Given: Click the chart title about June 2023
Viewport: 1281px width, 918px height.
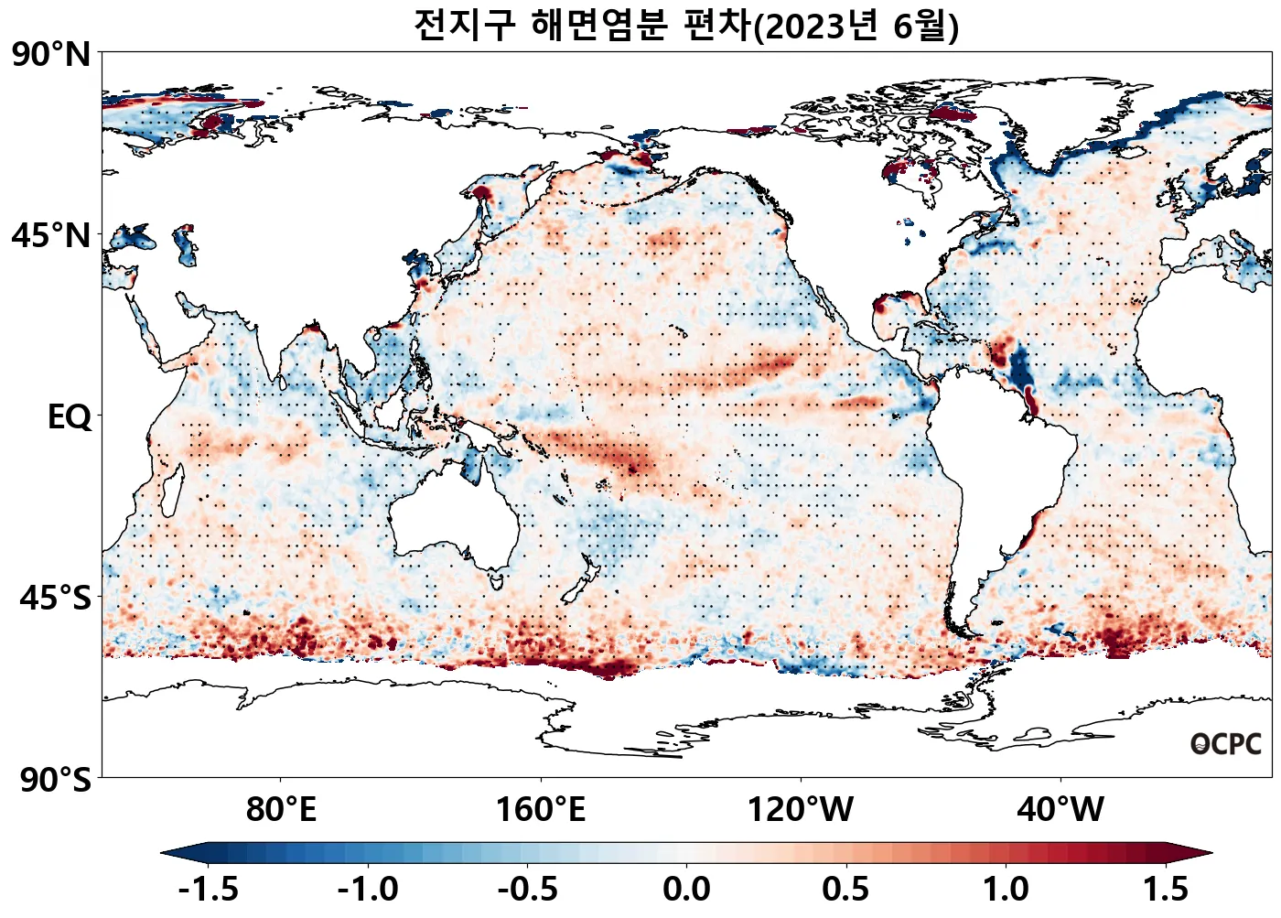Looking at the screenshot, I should click(x=686, y=26).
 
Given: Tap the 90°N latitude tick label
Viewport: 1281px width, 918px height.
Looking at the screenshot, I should click(x=51, y=55).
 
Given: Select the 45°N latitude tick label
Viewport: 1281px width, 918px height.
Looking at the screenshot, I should click(x=51, y=236).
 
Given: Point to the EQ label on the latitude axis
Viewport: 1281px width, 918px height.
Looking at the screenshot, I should click(x=70, y=417).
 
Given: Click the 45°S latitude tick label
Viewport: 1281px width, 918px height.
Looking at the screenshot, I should click(x=55, y=599).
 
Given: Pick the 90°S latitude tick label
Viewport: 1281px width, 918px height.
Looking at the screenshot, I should click(x=55, y=780).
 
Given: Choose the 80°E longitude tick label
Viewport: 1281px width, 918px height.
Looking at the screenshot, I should click(x=281, y=810).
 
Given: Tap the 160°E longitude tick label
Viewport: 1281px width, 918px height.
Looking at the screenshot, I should click(x=541, y=810).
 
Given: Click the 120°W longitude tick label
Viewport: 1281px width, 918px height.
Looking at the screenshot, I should click(x=801, y=810).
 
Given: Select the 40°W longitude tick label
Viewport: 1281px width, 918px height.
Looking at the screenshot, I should click(x=1060, y=810).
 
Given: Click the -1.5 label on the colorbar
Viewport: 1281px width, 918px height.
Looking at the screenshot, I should click(x=209, y=889).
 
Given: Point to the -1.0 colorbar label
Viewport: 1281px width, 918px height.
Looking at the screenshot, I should click(x=368, y=889).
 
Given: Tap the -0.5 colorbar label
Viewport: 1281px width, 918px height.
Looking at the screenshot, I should click(x=528, y=889).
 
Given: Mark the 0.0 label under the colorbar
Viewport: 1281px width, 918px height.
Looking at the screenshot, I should click(x=687, y=889).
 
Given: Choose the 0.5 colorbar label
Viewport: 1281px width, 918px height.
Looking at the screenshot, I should click(x=846, y=889).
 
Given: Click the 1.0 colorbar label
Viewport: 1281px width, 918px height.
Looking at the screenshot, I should click(x=1006, y=889).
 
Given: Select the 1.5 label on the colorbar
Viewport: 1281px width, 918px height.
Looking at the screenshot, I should click(x=1166, y=889).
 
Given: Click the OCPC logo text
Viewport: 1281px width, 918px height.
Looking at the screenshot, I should click(x=1226, y=744).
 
